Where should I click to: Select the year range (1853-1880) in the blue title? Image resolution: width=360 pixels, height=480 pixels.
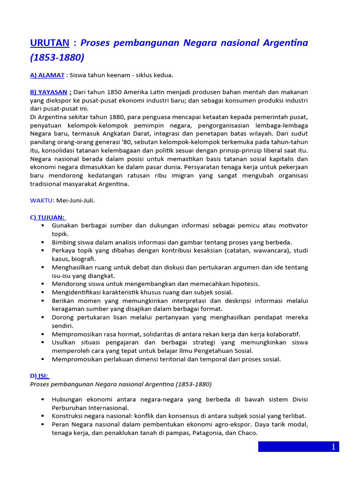pyautogui.click(x=57, y=58)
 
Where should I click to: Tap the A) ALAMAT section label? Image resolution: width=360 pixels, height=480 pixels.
pyautogui.click(x=47, y=75)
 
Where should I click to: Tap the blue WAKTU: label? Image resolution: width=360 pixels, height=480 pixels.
pyautogui.click(x=42, y=201)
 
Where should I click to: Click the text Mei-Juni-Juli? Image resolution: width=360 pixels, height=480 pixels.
pyautogui.click(x=75, y=201)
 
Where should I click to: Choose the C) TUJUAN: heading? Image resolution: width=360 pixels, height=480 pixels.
pyautogui.click(x=48, y=217)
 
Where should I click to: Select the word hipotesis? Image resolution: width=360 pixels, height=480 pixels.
pyautogui.click(x=244, y=284)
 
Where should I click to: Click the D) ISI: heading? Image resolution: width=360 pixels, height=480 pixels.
pyautogui.click(x=40, y=376)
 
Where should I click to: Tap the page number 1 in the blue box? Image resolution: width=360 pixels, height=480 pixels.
pyautogui.click(x=333, y=447)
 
